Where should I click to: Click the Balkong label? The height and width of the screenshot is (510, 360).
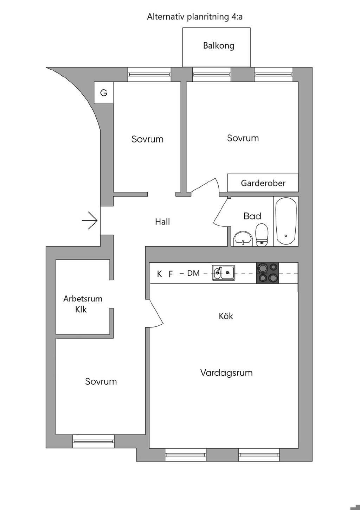coord(218,46)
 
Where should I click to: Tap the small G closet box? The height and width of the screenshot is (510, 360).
coord(104,93)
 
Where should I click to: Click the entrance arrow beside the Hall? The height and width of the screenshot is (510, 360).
coord(90,221)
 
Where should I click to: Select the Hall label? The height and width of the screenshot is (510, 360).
coord(162,222)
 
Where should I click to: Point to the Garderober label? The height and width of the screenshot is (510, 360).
coord(263,183)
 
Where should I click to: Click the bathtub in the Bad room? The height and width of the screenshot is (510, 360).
coord(286,221)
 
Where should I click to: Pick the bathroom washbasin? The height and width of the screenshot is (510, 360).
coord(243,238)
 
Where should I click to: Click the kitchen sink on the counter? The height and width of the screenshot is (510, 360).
coord(224,273)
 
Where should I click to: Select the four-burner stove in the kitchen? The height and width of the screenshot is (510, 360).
coord(267,273)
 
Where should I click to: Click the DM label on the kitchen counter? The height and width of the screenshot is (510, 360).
coord(193,273)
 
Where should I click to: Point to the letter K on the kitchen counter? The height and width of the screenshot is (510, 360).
coord(160,274)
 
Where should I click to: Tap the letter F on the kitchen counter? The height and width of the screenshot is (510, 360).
coord(171,274)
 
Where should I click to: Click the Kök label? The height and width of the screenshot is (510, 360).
coord(226,316)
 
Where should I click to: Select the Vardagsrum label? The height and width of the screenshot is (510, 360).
coord(226,373)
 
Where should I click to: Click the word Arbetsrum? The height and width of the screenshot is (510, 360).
coord(83,299)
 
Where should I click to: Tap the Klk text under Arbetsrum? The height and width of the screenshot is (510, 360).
coord(81,310)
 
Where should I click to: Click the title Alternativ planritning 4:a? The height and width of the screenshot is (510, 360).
coord(195,17)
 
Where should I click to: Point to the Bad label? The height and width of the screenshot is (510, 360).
coord(252,216)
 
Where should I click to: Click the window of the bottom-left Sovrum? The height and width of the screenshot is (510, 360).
coord(94,441)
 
